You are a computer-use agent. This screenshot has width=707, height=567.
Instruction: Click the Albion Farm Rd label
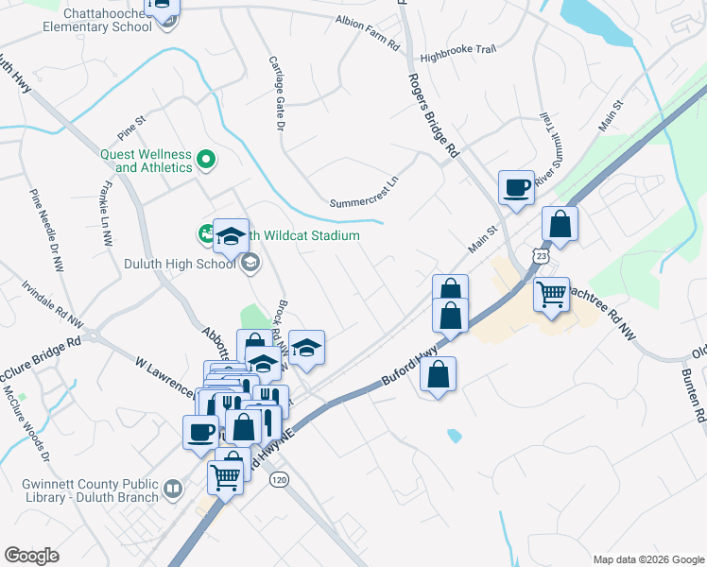click(368, 33)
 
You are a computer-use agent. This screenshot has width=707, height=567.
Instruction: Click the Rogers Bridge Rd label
click(434, 115)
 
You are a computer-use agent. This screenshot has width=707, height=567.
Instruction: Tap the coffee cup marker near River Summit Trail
click(516, 187)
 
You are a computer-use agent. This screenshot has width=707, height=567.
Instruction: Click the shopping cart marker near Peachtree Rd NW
click(552, 294)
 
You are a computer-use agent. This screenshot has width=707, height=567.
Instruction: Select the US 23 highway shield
click(540, 256)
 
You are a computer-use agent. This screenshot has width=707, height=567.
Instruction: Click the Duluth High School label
click(180, 264)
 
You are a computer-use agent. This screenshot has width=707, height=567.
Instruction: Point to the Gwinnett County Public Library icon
click(172, 489)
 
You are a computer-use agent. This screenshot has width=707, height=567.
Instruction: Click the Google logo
click(31, 556)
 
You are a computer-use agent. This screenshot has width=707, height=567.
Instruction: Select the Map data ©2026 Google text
click(647, 558)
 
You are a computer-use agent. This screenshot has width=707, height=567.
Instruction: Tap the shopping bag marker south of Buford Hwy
click(439, 374)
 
